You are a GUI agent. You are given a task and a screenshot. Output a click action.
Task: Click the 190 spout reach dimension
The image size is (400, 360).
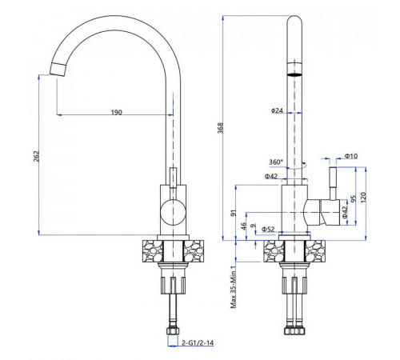point(117,112)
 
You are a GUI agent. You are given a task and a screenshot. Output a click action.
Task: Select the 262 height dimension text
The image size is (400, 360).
point(36,156)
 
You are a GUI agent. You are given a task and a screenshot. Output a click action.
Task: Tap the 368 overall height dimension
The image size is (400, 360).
point(220,128)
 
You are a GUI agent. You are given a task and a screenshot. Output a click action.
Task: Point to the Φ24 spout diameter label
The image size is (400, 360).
point(277,110)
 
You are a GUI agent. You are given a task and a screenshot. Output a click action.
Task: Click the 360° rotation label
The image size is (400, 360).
point(276,162)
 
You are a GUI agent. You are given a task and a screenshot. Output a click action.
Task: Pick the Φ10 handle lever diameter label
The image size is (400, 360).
point(351,156)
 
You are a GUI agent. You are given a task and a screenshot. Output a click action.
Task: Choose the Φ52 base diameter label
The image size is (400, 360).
point(268,229)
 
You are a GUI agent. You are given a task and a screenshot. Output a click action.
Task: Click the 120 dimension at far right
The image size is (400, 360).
point(363,198)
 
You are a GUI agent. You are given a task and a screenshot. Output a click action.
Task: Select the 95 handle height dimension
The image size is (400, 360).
point(353,199)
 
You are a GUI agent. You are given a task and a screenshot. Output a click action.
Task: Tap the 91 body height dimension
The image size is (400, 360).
point(234,213)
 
